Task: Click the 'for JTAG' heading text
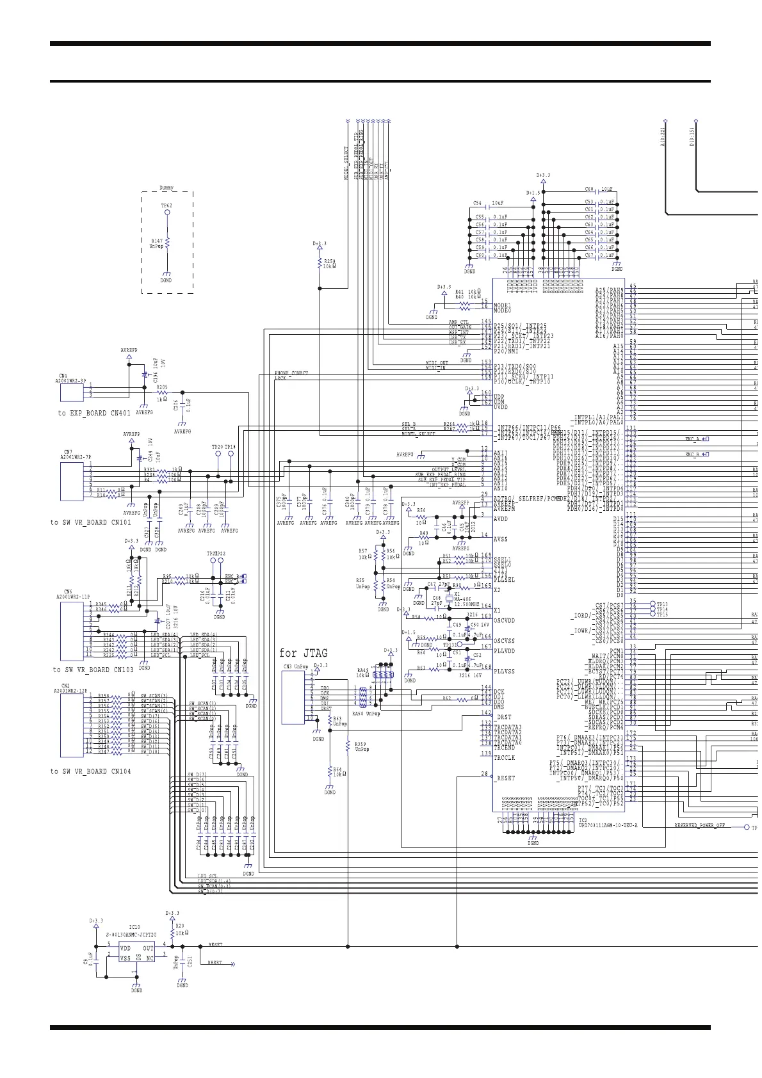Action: coord(303,654)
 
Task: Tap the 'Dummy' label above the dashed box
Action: coord(166,188)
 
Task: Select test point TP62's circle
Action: coord(167,212)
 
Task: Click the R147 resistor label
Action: coord(156,241)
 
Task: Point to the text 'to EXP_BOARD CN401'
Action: coord(94,414)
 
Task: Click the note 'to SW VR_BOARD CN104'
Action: coord(90,771)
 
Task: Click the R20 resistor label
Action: coord(180,926)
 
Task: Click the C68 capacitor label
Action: coord(589,189)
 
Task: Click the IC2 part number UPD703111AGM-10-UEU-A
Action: coord(608,826)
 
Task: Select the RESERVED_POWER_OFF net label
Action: coord(699,826)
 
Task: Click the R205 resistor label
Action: coord(162,387)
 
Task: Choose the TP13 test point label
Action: coord(662,604)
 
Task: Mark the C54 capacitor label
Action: coord(478,203)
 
